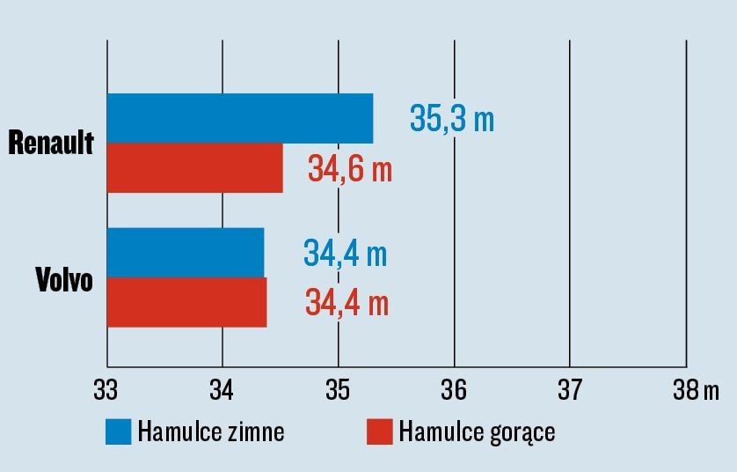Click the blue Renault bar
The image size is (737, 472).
pyautogui.click(x=239, y=118)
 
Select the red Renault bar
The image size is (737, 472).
pyautogui.click(x=194, y=167)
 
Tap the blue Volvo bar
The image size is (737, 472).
pyautogui.click(x=185, y=252)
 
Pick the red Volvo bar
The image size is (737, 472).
pyautogui.click(x=186, y=302)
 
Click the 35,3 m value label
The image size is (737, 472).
pyautogui.click(x=452, y=119)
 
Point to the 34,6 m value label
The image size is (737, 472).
pyautogui.click(x=350, y=168)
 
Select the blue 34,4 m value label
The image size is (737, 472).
pyautogui.click(x=346, y=254)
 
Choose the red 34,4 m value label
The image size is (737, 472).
pyautogui.click(x=347, y=303)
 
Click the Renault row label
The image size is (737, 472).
pyautogui.click(x=51, y=143)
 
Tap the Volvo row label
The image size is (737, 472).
pyautogui.click(x=64, y=280)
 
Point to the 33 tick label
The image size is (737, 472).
pyautogui.click(x=106, y=388)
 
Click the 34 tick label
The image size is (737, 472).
pyautogui.click(x=223, y=388)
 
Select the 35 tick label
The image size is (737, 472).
pyautogui.click(x=339, y=388)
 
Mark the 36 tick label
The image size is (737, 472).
pyautogui.click(x=454, y=388)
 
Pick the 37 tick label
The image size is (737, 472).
pyautogui.click(x=570, y=388)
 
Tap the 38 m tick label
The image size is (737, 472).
pyautogui.click(x=696, y=388)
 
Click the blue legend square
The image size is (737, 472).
pyautogui.click(x=119, y=431)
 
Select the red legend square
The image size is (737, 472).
pyautogui.click(x=379, y=431)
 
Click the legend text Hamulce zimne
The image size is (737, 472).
pyautogui.click(x=210, y=432)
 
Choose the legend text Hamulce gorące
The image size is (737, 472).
pyautogui.click(x=477, y=433)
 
